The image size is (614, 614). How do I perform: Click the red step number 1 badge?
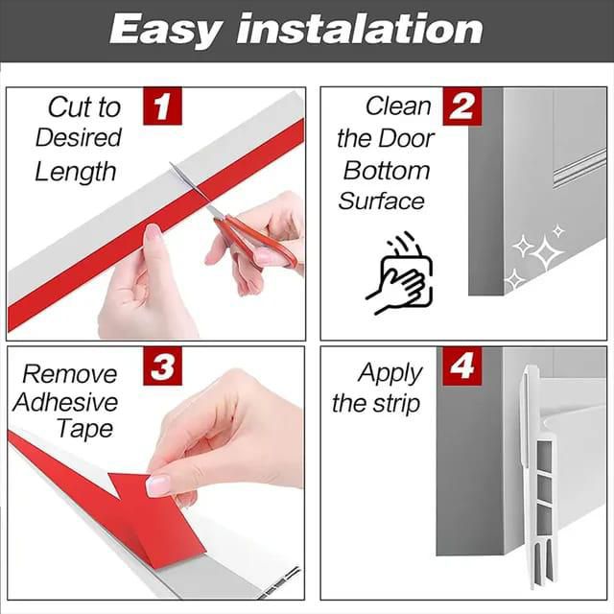click(x=162, y=106)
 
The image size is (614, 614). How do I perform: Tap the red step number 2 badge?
click(x=462, y=106)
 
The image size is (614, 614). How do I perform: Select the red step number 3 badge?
click(x=162, y=366)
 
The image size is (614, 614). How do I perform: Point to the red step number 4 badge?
click(x=462, y=366)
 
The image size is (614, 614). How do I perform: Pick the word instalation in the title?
click(x=360, y=28)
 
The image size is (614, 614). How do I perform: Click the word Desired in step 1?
click(x=79, y=138)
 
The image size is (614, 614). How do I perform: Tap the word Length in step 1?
click(x=76, y=173)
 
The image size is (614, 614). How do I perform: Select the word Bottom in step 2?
click(x=387, y=171)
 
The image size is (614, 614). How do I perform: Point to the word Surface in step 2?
click(x=382, y=201)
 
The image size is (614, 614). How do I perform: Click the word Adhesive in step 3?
click(x=65, y=403)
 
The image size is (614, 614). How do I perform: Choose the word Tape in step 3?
click(x=85, y=430)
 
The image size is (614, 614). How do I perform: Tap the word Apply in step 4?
click(x=390, y=373)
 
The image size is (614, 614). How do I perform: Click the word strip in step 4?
click(x=396, y=404)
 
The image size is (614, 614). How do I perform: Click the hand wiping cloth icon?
click(x=399, y=273)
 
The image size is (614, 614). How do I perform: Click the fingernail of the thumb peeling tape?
click(x=157, y=485)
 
